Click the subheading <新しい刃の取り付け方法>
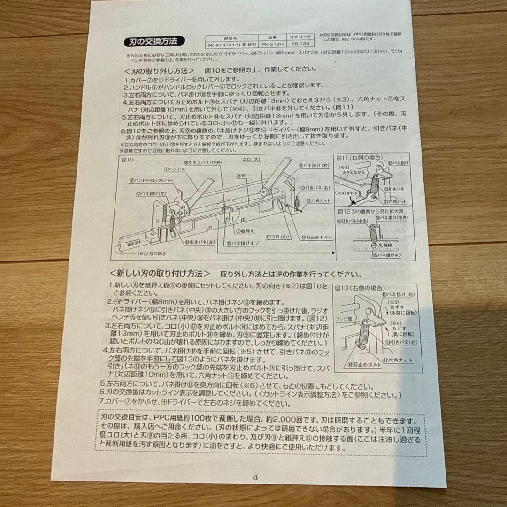(x=160, y=273)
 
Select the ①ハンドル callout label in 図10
(x=168, y=169)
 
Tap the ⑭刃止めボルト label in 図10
(x=315, y=238)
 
